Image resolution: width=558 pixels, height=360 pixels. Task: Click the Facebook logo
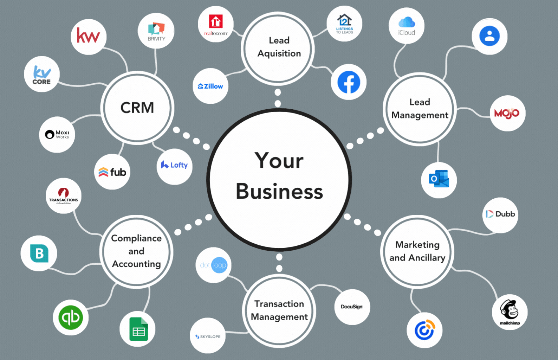click(349, 82)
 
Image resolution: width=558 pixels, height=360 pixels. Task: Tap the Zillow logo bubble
click(210, 86)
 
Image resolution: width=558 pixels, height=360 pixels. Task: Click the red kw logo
click(88, 37)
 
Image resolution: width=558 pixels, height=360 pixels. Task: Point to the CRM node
click(137, 108)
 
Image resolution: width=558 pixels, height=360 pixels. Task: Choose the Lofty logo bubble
click(174, 165)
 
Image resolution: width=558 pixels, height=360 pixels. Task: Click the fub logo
click(112, 172)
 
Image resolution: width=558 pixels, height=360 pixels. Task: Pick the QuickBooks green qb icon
click(71, 317)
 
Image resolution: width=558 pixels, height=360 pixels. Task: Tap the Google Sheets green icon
click(138, 329)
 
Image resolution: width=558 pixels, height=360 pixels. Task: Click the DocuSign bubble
click(352, 307)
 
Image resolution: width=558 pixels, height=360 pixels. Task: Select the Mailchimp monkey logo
click(510, 311)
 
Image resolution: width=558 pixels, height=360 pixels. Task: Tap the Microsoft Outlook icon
click(439, 180)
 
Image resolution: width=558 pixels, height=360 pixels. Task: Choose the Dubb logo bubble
click(500, 214)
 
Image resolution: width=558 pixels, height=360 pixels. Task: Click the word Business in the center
click(279, 192)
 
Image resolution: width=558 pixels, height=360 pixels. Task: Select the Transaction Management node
click(279, 310)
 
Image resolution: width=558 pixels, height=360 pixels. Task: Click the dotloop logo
click(213, 265)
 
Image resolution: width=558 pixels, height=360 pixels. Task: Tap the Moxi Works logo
click(57, 134)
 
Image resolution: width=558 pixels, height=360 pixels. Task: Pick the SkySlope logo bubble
click(208, 336)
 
